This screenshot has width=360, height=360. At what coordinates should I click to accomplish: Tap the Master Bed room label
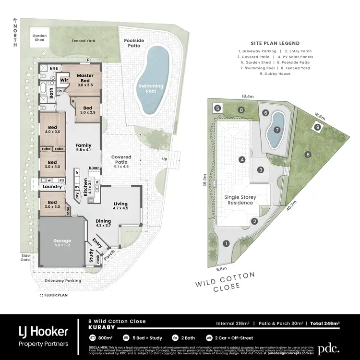coord(84,78)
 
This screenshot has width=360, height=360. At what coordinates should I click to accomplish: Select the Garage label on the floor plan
coord(62,240)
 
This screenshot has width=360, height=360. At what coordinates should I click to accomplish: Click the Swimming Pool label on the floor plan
coord(151,89)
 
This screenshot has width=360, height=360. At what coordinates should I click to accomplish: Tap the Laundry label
coord(52,187)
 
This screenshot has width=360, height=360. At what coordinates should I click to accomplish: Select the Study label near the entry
coord(91,254)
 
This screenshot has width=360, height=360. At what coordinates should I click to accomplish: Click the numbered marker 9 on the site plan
coord(317,127)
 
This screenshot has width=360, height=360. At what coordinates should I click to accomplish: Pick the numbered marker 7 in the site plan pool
coord(276,130)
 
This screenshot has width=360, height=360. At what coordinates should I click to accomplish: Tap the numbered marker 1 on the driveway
coord(226,244)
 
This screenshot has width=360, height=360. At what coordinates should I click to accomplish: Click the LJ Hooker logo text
coord(43,331)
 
